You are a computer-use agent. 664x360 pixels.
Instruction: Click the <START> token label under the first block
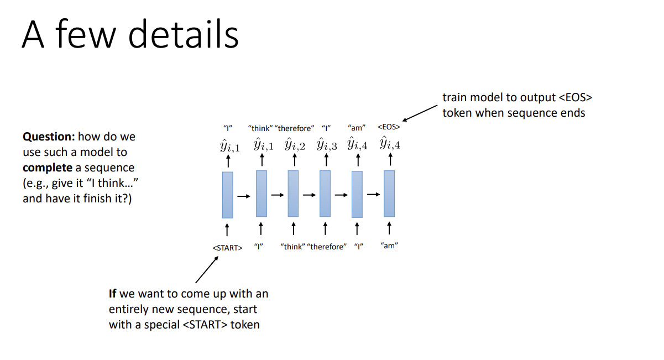point(227,247)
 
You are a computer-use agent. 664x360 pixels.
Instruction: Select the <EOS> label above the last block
point(389,128)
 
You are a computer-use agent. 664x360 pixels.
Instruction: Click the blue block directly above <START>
point(227,195)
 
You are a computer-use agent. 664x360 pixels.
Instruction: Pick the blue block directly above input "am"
point(389,194)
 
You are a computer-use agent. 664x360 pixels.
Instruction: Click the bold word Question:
point(49,137)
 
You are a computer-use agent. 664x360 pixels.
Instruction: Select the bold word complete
point(48,167)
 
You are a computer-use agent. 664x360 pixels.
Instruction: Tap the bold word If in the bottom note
point(112,294)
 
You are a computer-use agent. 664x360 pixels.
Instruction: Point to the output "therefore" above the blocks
point(294,128)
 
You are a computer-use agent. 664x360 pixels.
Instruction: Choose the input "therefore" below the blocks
point(327,247)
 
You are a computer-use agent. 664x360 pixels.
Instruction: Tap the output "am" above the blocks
point(357,128)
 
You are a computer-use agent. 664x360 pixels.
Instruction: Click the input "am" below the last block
point(389,246)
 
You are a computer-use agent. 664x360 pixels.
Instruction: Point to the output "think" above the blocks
point(260,128)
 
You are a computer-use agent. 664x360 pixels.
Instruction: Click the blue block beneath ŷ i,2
point(293,194)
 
